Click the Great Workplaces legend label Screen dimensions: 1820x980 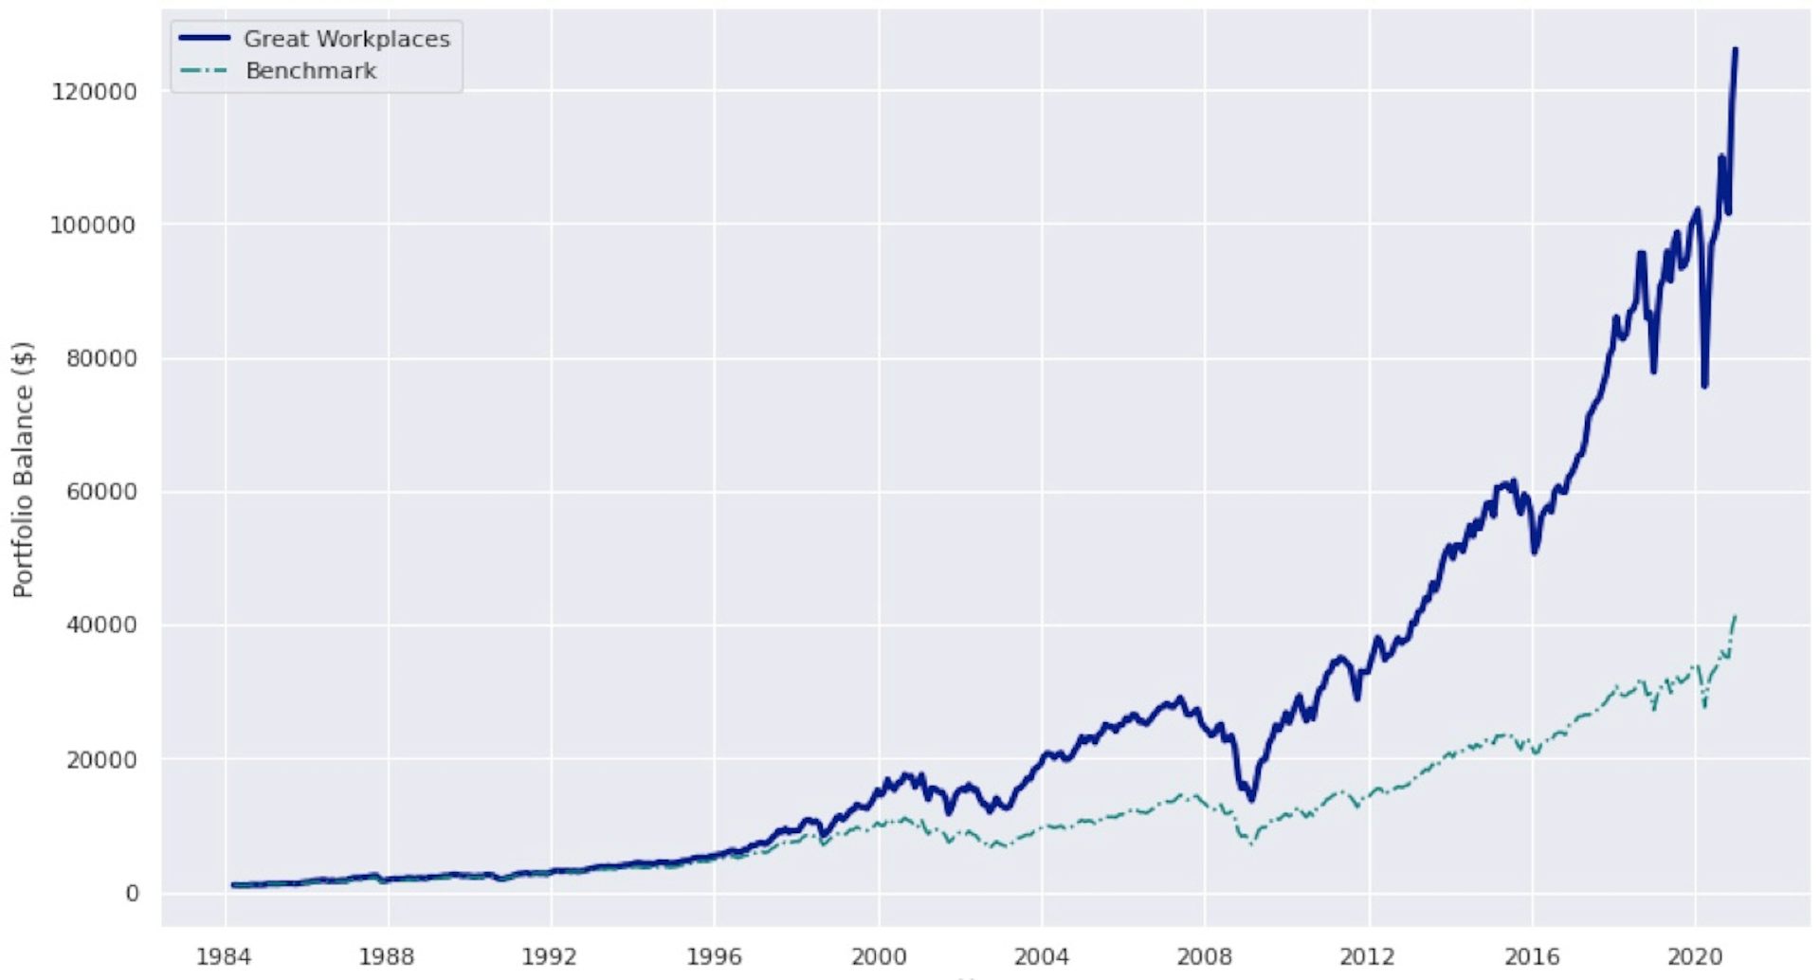coord(347,39)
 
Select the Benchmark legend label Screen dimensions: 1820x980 coord(311,71)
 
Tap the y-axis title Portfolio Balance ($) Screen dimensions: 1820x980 coord(23,469)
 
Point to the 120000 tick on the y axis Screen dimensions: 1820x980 coord(94,92)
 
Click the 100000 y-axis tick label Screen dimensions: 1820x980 coord(94,226)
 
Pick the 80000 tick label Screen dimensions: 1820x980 coord(101,359)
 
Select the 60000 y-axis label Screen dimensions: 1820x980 coord(101,492)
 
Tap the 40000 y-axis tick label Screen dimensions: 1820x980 coord(101,626)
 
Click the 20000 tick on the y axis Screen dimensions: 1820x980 coord(101,760)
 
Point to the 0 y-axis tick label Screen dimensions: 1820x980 coord(132,894)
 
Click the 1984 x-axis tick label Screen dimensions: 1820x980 coord(224,956)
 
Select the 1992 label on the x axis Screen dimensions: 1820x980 coord(550,956)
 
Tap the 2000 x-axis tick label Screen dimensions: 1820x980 coord(878,956)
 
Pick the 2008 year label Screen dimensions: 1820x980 coord(1204,956)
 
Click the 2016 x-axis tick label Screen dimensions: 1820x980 coord(1532,956)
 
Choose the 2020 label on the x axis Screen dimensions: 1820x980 coord(1695,956)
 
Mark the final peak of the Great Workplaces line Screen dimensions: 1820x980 coord(1735,49)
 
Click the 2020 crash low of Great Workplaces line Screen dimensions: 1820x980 coord(1704,385)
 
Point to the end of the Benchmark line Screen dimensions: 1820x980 coord(1735,616)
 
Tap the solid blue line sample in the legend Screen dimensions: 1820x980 coord(205,39)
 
